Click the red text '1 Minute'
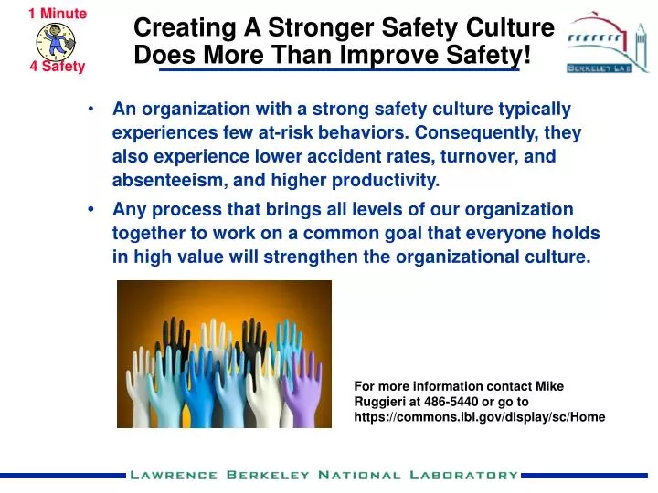point(58,13)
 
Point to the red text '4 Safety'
point(57,66)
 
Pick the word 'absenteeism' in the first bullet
point(163,179)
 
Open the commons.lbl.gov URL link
point(479,416)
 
